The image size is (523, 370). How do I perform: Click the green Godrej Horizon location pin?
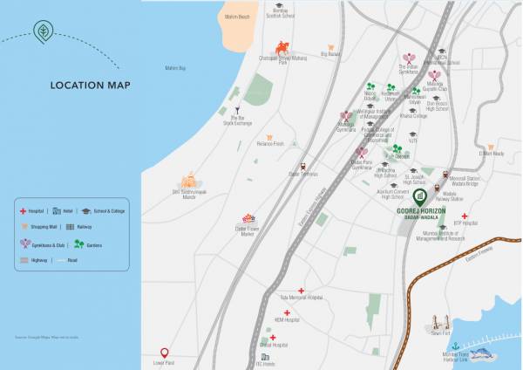tap(419, 196)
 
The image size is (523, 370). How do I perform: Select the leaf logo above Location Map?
tap(43, 32)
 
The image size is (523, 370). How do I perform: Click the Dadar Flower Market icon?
tap(248, 218)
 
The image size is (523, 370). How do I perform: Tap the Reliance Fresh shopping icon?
tap(269, 137)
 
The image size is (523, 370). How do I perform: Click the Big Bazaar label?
tap(329, 54)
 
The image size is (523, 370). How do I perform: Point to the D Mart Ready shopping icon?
tap(491, 147)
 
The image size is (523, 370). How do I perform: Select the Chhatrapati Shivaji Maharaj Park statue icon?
tap(282, 48)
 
